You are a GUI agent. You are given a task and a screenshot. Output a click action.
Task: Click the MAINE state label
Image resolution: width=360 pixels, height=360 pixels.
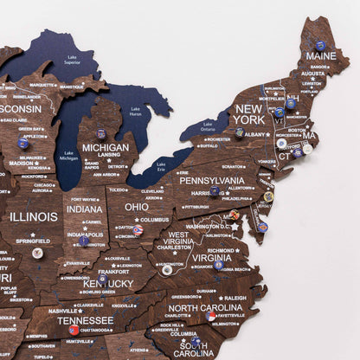[x=321, y=56]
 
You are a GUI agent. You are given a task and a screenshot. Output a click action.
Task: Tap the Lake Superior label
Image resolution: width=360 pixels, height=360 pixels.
[x=72, y=61]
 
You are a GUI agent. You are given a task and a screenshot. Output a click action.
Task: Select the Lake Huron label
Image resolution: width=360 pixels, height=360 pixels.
[x=135, y=112]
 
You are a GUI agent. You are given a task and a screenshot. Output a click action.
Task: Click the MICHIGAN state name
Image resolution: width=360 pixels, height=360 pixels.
[x=106, y=147]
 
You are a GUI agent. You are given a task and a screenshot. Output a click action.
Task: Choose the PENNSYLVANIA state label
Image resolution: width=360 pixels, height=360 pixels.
[x=213, y=180]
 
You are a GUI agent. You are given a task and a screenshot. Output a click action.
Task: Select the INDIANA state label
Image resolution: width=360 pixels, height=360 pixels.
[x=84, y=209]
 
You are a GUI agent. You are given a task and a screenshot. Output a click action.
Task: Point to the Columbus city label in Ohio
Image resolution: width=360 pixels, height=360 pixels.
[x=154, y=220]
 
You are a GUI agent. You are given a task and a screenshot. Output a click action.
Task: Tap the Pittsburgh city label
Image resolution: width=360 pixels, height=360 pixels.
[x=197, y=207]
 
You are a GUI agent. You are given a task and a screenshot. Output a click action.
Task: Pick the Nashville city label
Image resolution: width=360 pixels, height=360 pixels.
[x=63, y=311]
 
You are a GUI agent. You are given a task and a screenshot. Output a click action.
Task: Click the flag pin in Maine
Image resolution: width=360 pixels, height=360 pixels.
[x=320, y=45]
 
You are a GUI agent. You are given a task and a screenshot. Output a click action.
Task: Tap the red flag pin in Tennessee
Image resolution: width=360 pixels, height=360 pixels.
[x=74, y=330]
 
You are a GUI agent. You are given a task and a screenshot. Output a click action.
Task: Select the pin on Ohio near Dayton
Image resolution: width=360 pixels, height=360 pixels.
[x=138, y=230]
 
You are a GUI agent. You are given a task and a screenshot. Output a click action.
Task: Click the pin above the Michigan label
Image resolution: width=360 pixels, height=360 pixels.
[x=101, y=133]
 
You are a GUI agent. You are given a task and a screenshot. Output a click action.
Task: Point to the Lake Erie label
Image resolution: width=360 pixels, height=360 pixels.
[x=161, y=165]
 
